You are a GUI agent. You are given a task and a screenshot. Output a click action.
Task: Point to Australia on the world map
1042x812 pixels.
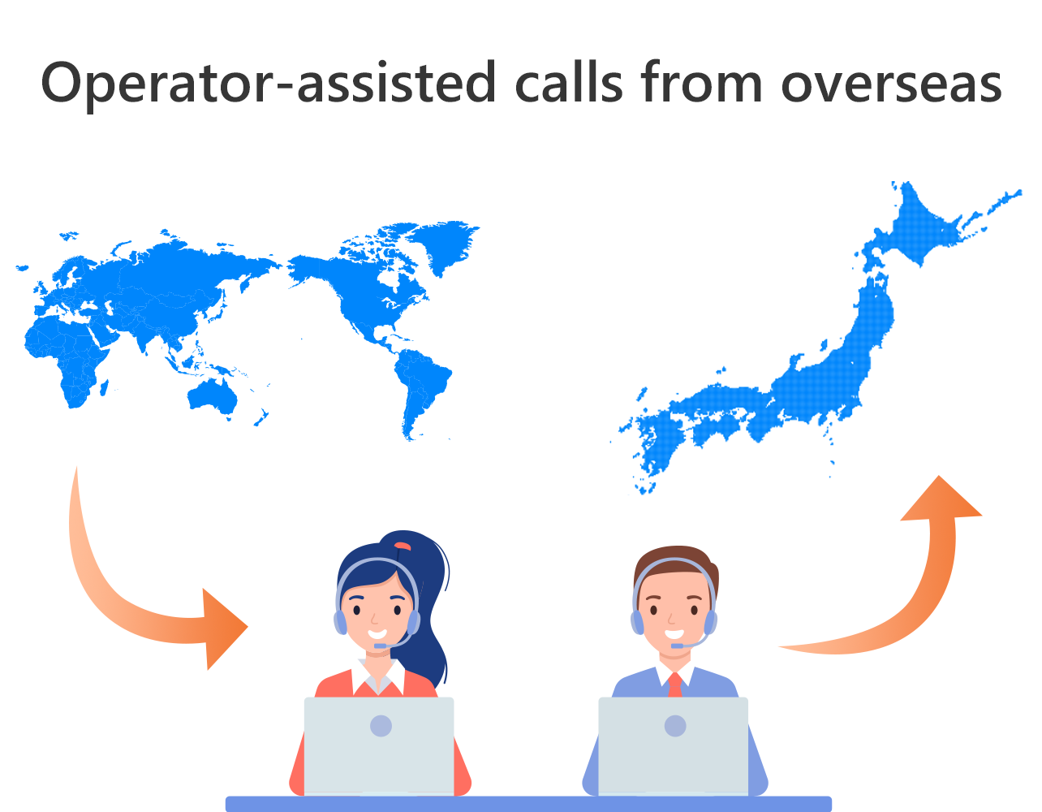point(213,398)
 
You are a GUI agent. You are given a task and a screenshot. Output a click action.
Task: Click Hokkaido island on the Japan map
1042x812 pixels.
point(923,226)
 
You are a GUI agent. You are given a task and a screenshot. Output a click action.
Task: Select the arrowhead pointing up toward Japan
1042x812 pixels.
point(941,499)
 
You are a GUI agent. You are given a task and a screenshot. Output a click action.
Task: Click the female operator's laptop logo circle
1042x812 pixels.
point(381,726)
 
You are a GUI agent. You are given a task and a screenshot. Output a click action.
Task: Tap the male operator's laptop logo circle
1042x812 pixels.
point(675,726)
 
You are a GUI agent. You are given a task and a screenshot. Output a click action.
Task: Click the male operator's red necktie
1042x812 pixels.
point(675,685)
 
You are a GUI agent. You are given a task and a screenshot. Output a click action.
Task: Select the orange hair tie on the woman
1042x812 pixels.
point(403,546)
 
